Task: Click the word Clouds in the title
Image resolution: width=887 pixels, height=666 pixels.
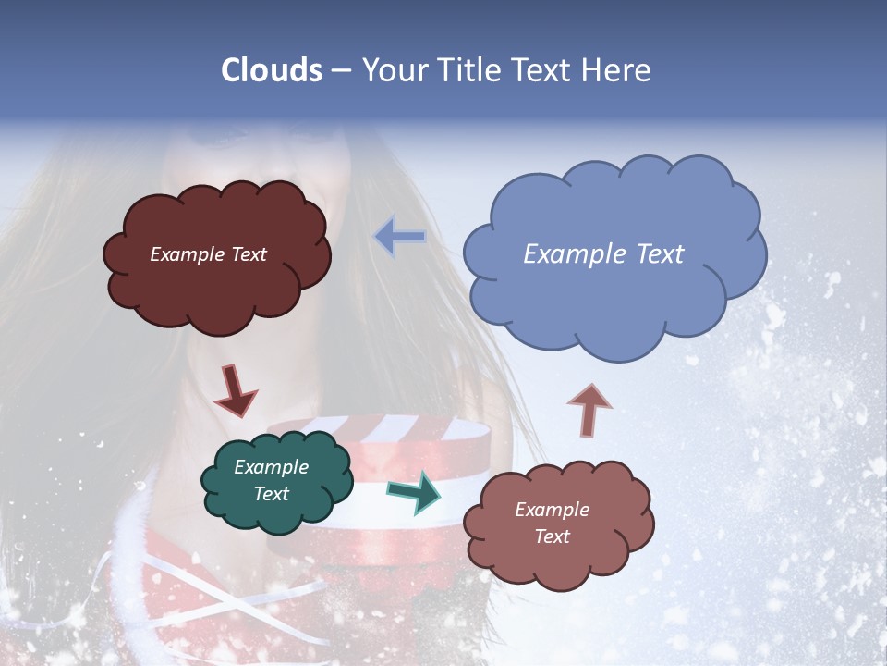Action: (271, 70)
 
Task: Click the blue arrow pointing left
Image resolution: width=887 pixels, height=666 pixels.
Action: (400, 237)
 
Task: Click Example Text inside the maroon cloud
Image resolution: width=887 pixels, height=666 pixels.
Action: (208, 254)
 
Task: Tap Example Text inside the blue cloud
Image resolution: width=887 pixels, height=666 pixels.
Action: (603, 254)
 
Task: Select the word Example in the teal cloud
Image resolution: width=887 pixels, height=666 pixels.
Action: (271, 467)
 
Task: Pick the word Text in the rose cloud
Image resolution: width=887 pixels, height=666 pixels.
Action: (552, 536)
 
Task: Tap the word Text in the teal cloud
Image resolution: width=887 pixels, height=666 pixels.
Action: (271, 494)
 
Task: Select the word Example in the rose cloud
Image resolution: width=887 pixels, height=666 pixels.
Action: (552, 510)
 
